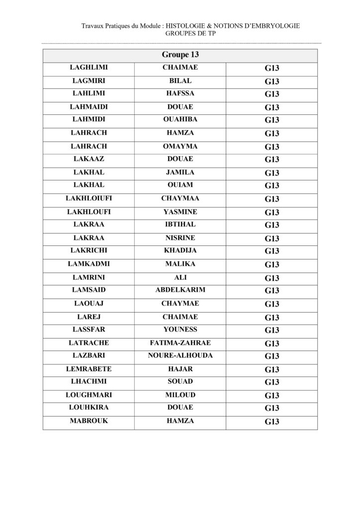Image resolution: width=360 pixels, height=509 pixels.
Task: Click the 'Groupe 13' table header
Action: (180, 55)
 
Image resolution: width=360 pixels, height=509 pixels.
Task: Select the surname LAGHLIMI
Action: (89, 68)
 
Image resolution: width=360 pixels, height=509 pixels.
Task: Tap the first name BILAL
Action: (180, 81)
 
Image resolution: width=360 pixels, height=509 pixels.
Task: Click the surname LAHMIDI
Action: (89, 119)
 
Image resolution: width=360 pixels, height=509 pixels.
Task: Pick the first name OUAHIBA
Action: (180, 119)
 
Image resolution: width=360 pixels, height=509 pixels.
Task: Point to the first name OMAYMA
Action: (180, 146)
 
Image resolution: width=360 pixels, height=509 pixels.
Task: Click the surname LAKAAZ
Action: (89, 159)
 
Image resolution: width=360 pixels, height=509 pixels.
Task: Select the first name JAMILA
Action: (180, 172)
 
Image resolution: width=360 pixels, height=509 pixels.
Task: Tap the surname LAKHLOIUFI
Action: (89, 198)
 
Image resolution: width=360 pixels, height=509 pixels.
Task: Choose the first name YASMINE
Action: (180, 212)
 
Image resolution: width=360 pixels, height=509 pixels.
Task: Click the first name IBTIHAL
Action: (180, 225)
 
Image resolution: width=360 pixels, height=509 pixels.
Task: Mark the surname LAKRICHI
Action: (89, 251)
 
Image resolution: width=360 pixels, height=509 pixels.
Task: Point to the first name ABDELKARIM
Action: (180, 290)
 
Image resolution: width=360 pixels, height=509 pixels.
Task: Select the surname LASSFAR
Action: (89, 330)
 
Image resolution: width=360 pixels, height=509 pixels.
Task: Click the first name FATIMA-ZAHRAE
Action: (180, 342)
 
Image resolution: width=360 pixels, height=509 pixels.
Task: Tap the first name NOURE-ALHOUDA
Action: (180, 356)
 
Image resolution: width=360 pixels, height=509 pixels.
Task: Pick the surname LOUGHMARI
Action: (89, 395)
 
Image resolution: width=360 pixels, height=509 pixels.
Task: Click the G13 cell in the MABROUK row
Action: (272, 422)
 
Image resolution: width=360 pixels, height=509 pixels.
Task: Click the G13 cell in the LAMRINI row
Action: (272, 277)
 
